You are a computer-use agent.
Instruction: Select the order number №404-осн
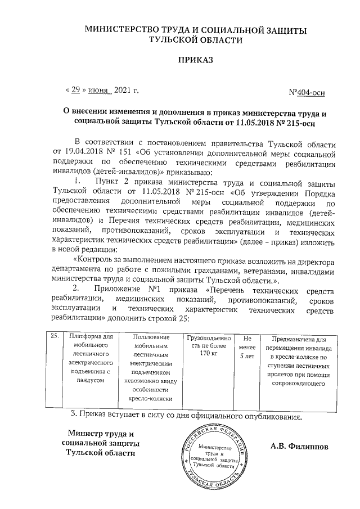click(x=306, y=92)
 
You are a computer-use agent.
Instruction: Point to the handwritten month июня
click(x=99, y=90)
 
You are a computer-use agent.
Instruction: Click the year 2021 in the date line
click(x=125, y=89)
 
